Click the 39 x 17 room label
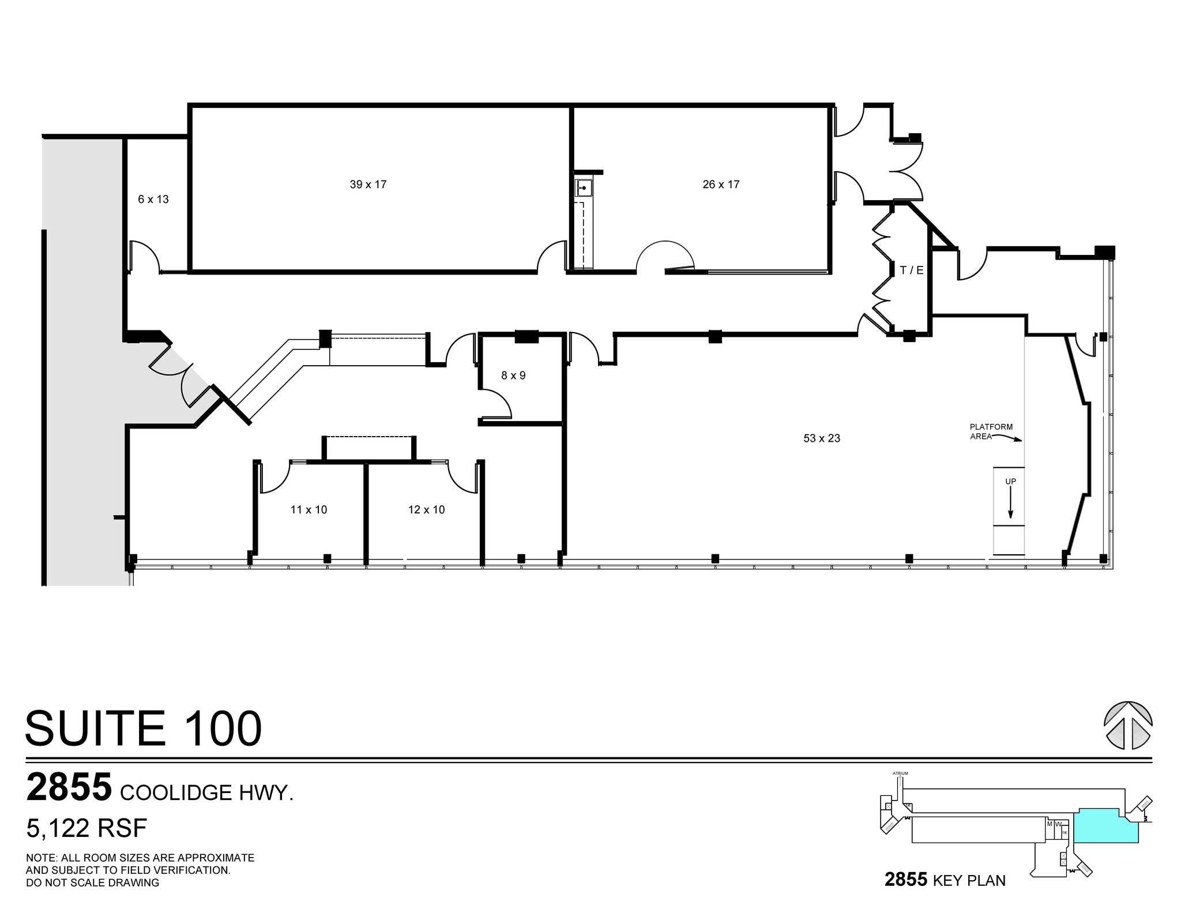pos(368,185)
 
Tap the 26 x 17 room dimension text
pos(721,185)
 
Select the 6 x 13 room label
pos(153,200)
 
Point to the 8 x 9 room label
pos(513,375)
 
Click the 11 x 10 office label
pos(309,510)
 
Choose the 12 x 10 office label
pos(426,510)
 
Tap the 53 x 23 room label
pos(822,438)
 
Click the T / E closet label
pos(912,270)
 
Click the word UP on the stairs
pos(1010,482)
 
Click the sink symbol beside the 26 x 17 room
pos(584,188)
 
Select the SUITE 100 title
pos(144,729)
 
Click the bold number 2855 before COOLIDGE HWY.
pos(69,788)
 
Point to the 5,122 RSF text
pos(86,828)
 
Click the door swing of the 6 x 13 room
pos(144,256)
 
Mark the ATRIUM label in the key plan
pos(900,773)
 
